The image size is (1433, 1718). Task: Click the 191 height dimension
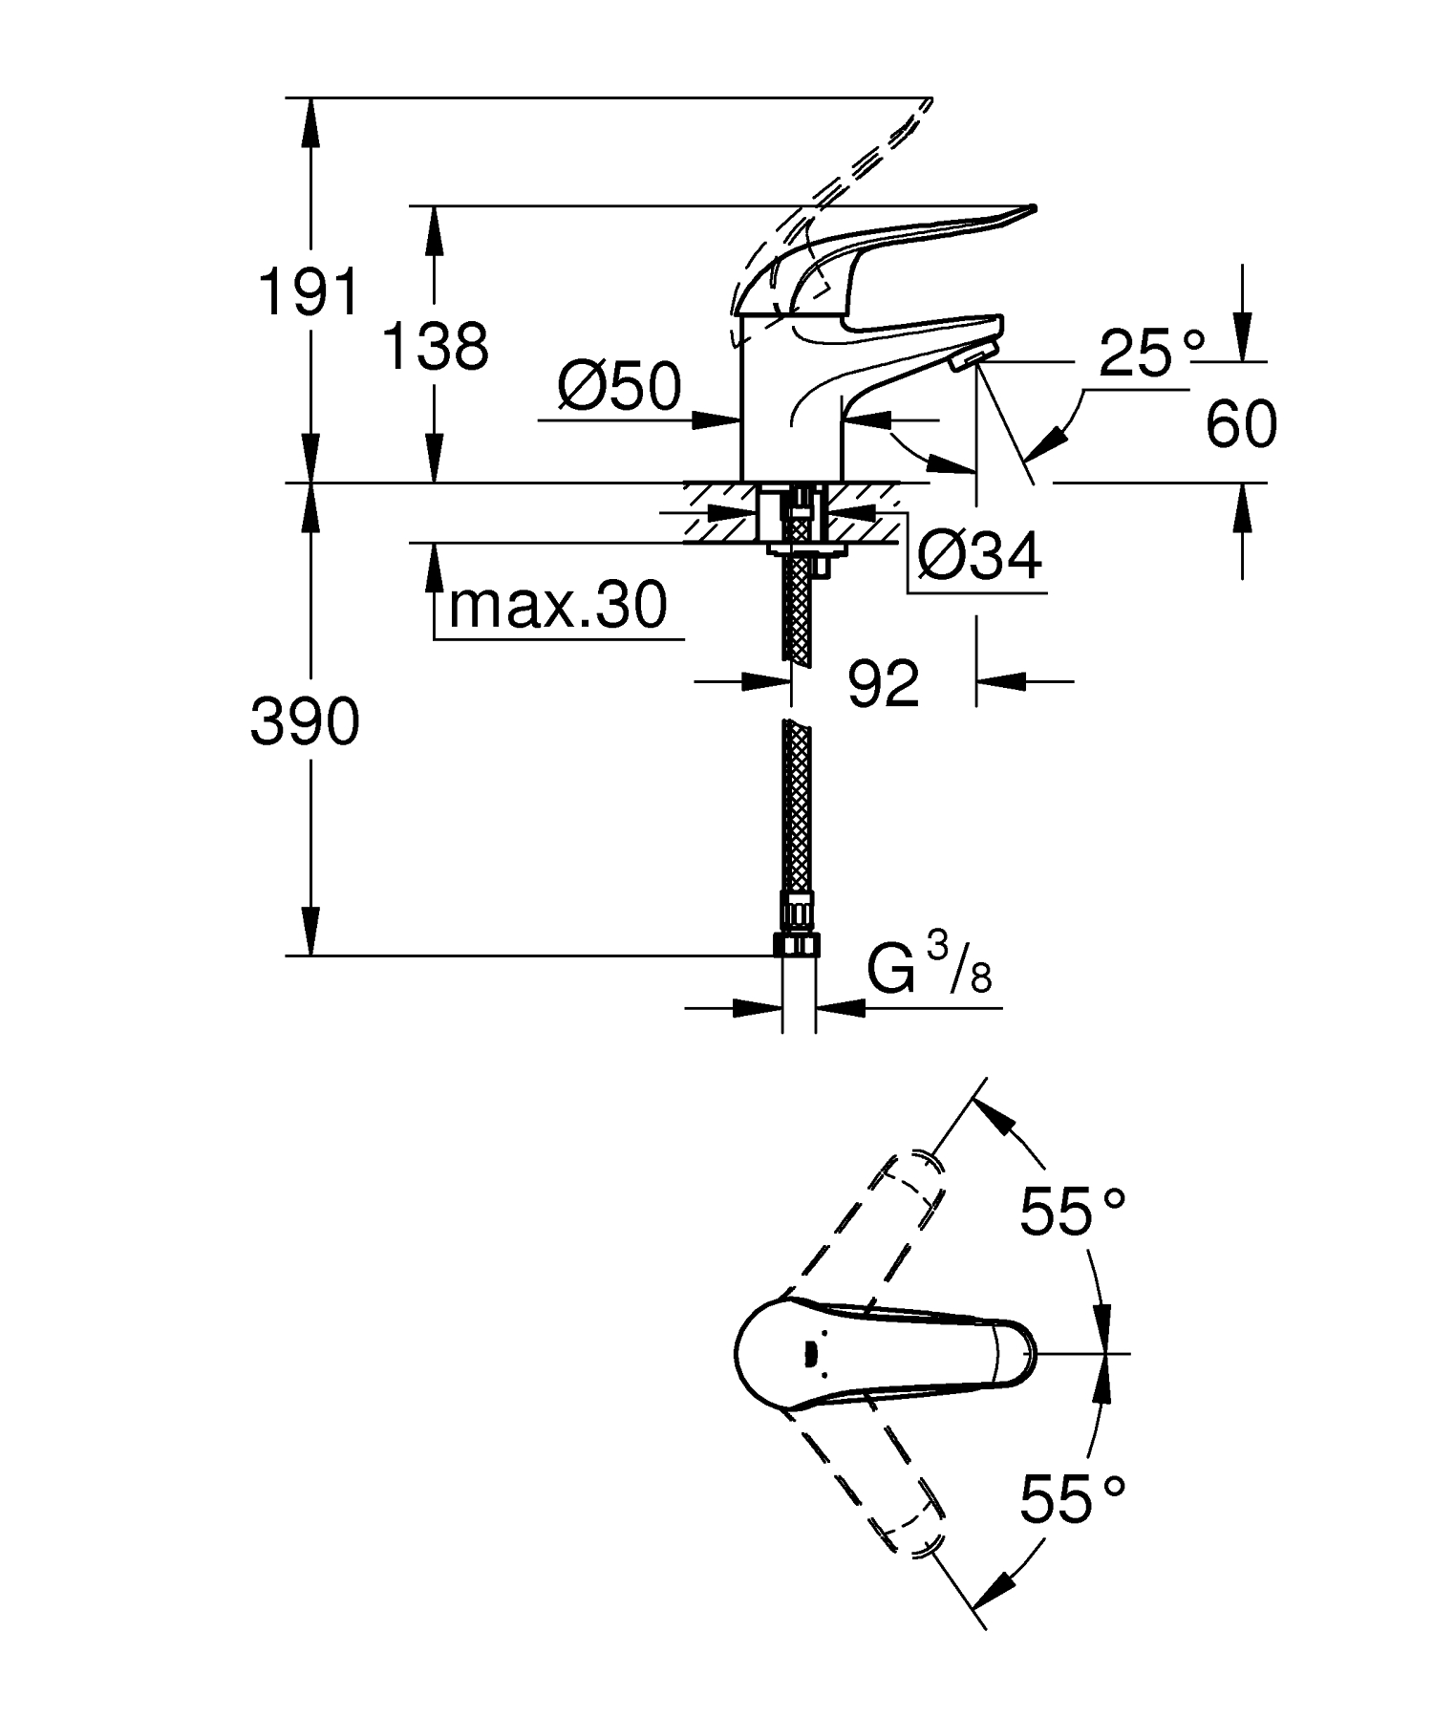click(x=310, y=291)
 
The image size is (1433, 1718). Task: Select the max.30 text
click(x=557, y=605)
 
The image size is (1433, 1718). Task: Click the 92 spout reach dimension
click(x=883, y=683)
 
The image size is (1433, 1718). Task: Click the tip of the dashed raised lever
click(x=922, y=105)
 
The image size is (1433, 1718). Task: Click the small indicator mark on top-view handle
click(x=810, y=1353)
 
